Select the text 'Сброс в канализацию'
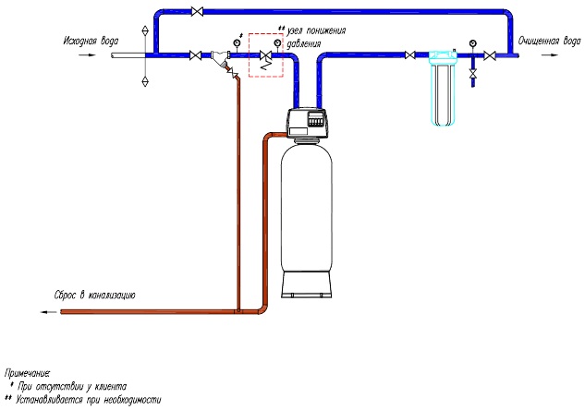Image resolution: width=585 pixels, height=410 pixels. (95, 295)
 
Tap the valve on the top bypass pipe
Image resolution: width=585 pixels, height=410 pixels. (195, 12)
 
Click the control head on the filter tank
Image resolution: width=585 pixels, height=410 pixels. (308, 121)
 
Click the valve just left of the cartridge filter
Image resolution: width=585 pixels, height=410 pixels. (409, 57)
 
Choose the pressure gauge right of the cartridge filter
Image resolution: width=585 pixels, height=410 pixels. (473, 42)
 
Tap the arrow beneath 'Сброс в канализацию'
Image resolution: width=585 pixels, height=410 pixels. (46, 312)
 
